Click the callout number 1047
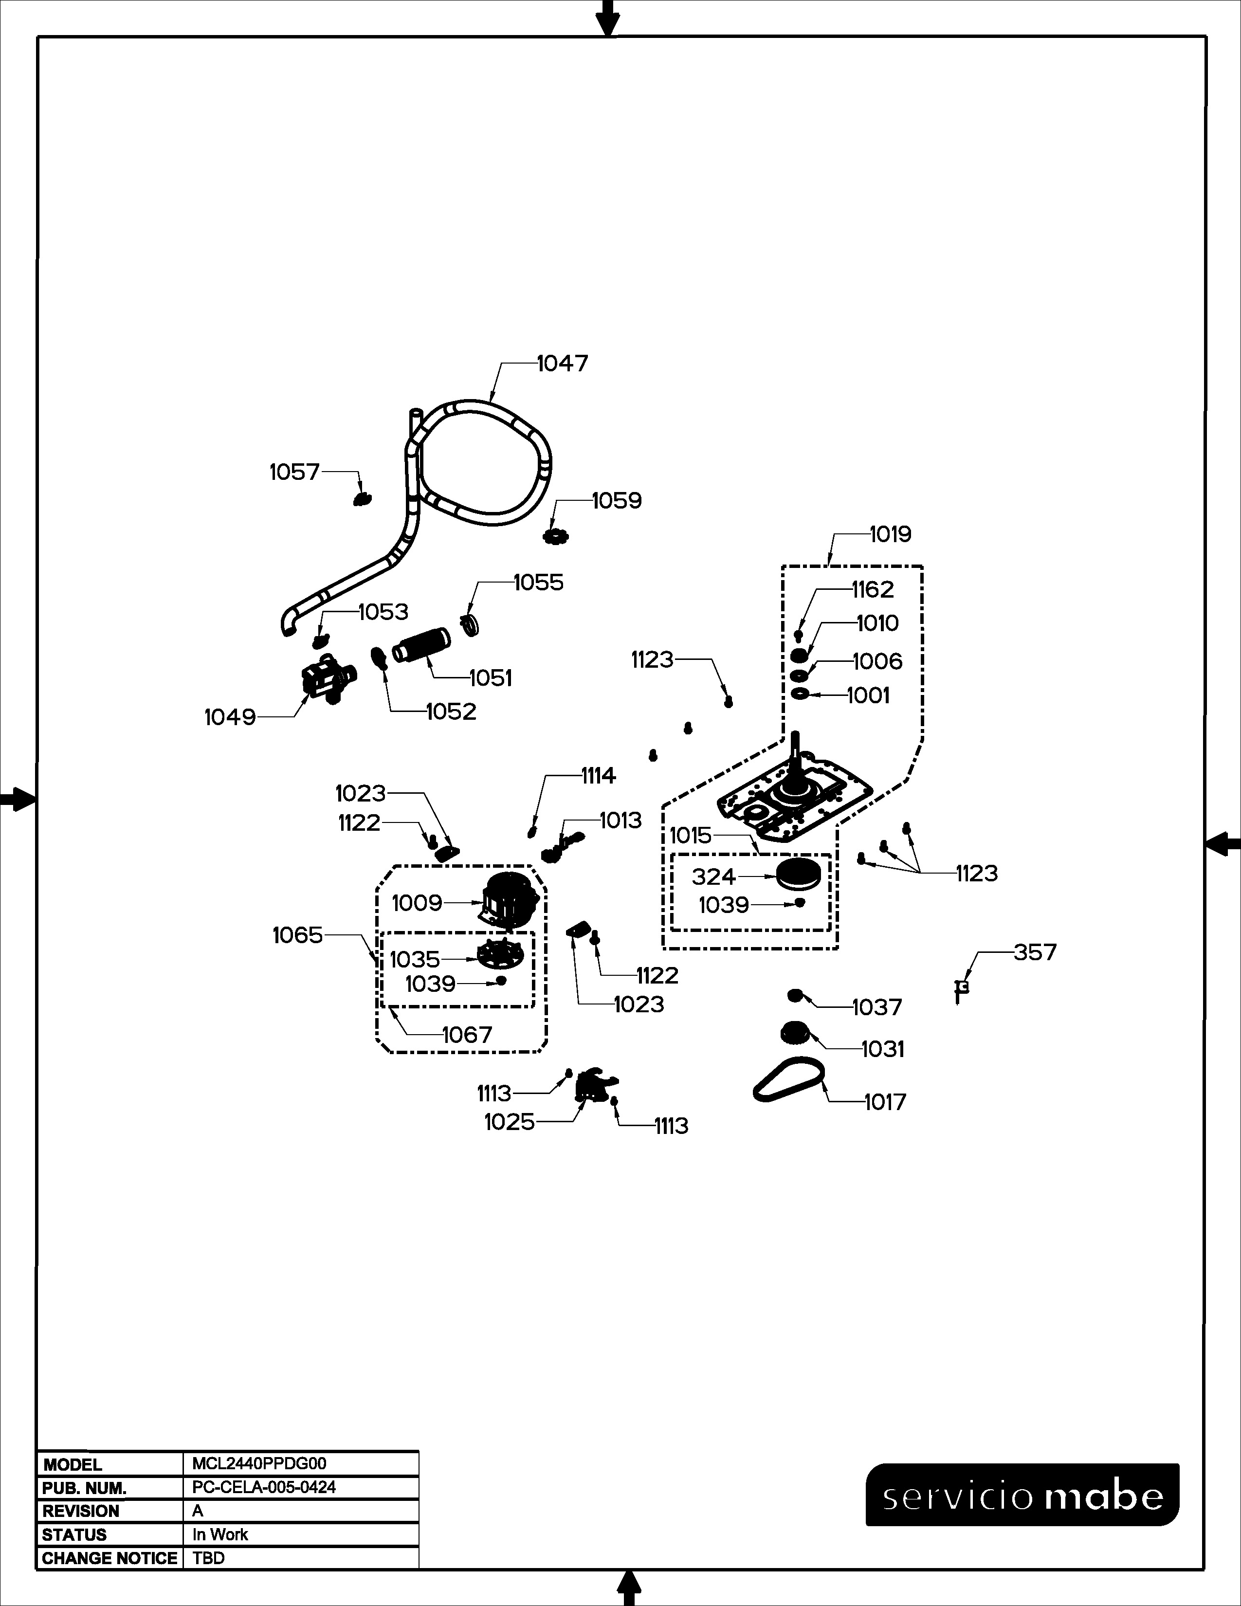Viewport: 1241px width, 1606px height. click(x=563, y=363)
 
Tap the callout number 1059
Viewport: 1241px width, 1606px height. click(x=616, y=501)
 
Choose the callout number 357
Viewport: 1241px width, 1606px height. click(x=1035, y=952)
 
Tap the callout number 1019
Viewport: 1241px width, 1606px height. click(x=890, y=534)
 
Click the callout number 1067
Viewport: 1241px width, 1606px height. click(x=467, y=1035)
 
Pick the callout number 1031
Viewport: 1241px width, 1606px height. click(x=882, y=1049)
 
